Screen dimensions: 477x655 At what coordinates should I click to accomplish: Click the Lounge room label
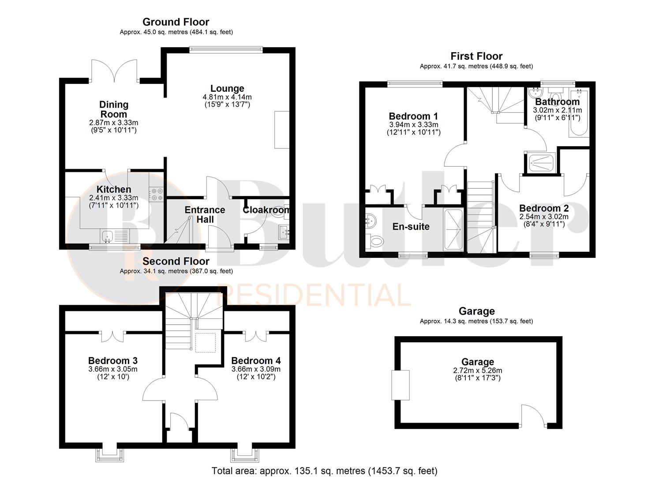[227, 89]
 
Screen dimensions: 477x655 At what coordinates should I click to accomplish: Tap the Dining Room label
[114, 109]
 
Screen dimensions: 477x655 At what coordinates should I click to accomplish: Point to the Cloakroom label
[266, 210]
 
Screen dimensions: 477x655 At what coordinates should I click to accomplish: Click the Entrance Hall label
[205, 215]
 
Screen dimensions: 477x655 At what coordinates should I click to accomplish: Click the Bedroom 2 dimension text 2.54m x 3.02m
[544, 217]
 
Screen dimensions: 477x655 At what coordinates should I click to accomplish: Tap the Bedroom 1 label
[413, 116]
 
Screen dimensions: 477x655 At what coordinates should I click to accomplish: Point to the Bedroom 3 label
[113, 361]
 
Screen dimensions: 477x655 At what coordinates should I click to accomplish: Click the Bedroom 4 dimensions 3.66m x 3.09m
[256, 369]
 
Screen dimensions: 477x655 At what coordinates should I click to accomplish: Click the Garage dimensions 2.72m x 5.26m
[478, 371]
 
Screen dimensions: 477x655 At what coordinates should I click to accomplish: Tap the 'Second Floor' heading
[176, 261]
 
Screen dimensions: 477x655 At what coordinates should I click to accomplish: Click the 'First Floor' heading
[476, 57]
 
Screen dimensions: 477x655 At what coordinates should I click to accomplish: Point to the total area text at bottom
[325, 471]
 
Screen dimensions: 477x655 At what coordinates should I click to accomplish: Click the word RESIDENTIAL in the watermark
[314, 295]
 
